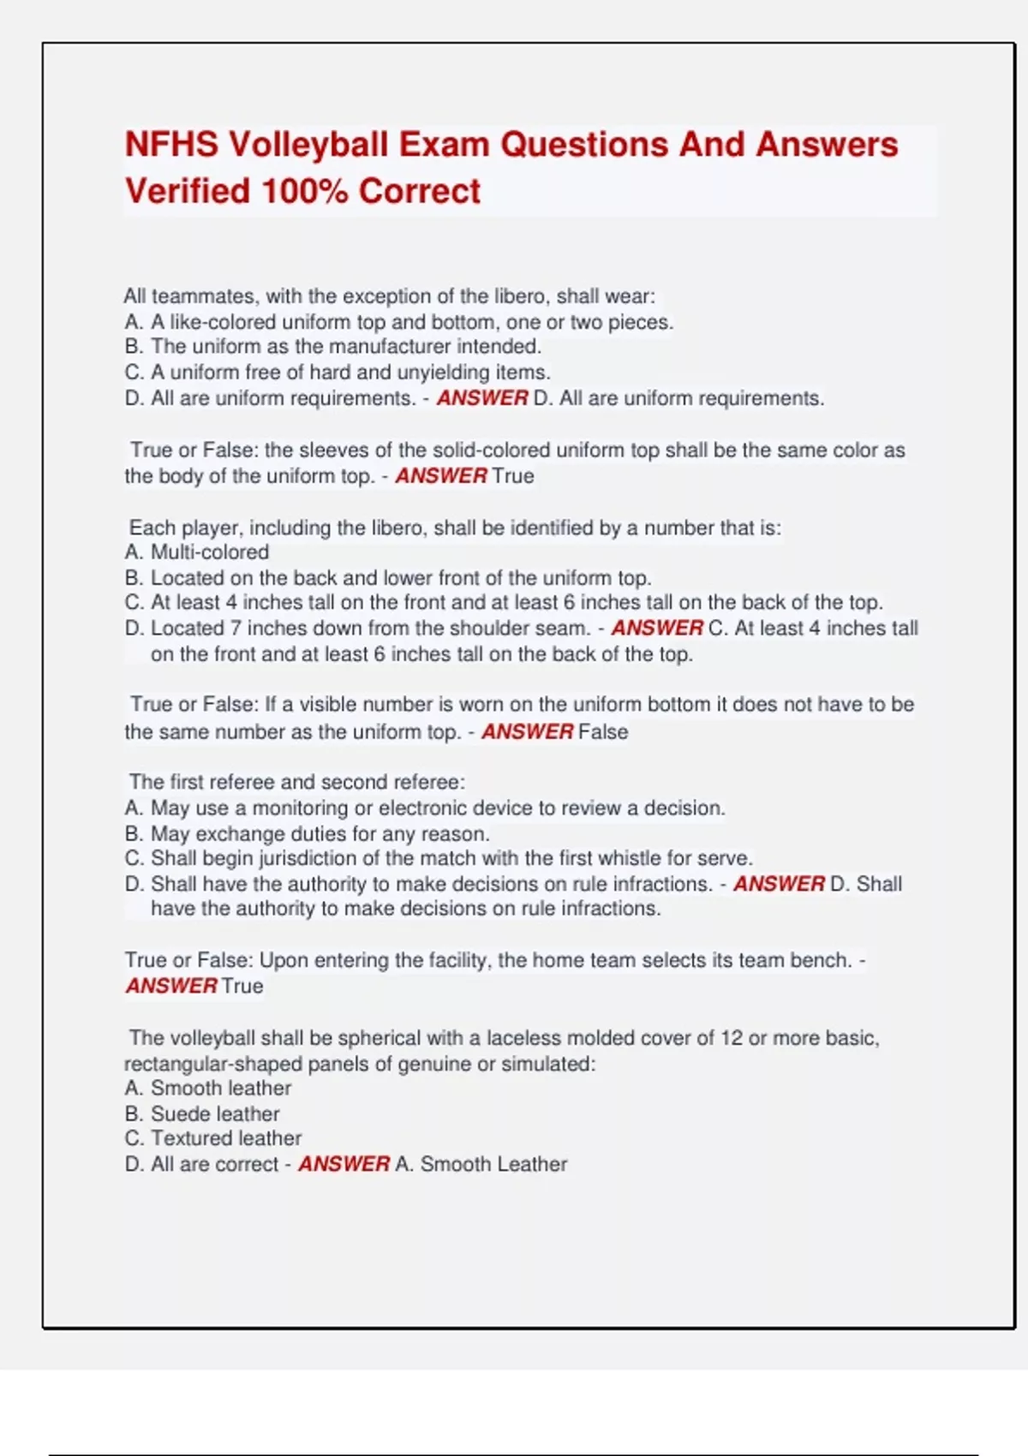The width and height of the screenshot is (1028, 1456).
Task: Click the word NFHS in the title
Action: tap(171, 145)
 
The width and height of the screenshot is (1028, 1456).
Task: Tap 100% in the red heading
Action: tap(304, 191)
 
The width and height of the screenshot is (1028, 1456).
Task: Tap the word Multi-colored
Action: tap(210, 552)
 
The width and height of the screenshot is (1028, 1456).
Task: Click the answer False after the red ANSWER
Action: tap(603, 732)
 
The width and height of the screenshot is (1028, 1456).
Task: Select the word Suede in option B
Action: tap(177, 1114)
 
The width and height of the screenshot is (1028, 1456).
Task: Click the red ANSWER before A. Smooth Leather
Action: tap(344, 1165)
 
